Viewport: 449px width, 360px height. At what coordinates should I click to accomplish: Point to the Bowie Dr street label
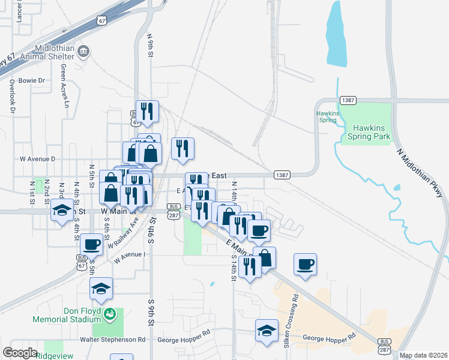(x=32, y=80)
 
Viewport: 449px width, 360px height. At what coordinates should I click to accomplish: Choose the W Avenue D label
(x=37, y=159)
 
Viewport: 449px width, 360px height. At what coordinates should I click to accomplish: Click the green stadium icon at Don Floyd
(x=109, y=313)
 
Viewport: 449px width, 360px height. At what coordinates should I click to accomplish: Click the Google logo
(x=20, y=352)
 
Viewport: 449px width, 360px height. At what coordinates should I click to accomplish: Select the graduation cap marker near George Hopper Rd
(x=267, y=331)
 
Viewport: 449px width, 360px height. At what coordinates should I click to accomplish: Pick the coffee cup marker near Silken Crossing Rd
(x=305, y=263)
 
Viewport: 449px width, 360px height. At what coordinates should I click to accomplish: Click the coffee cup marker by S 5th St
(x=91, y=244)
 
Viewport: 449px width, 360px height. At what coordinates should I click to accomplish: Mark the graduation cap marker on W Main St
(x=61, y=210)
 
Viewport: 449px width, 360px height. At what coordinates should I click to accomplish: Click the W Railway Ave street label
(x=123, y=233)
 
